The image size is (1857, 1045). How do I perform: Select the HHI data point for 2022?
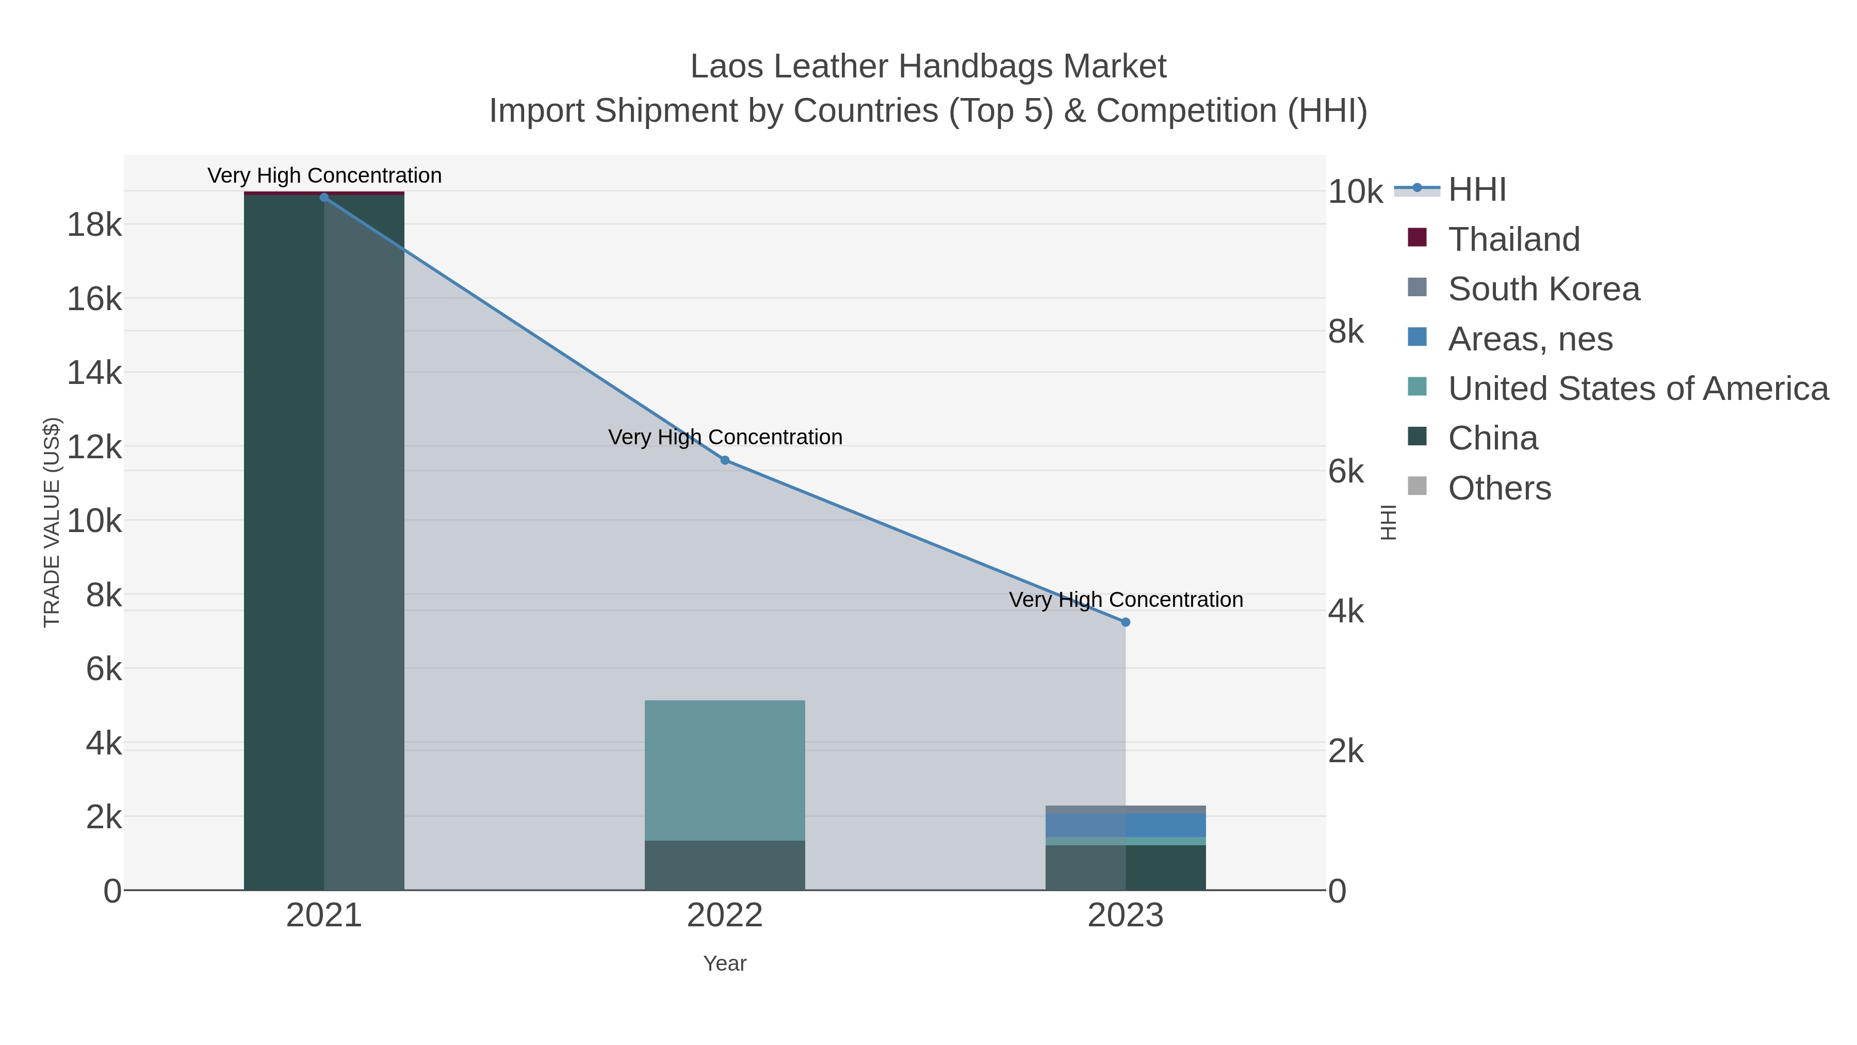(725, 460)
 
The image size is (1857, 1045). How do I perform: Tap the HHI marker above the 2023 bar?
(1126, 622)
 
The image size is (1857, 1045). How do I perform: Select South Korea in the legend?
(1543, 289)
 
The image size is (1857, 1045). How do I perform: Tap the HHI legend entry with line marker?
(1476, 190)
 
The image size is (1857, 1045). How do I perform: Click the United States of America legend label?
(1638, 389)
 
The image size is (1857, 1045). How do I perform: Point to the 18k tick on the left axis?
(94, 225)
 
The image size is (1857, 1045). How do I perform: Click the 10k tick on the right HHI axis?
(1355, 192)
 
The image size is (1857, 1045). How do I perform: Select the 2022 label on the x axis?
(725, 916)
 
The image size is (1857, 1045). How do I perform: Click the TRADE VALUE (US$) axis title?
(52, 522)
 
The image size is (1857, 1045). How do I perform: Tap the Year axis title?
(725, 963)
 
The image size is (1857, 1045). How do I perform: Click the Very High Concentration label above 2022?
(725, 437)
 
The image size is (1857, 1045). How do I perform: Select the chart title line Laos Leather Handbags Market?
(928, 67)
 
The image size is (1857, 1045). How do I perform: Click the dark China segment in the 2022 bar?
(725, 865)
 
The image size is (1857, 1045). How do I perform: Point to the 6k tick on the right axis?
(1346, 472)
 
